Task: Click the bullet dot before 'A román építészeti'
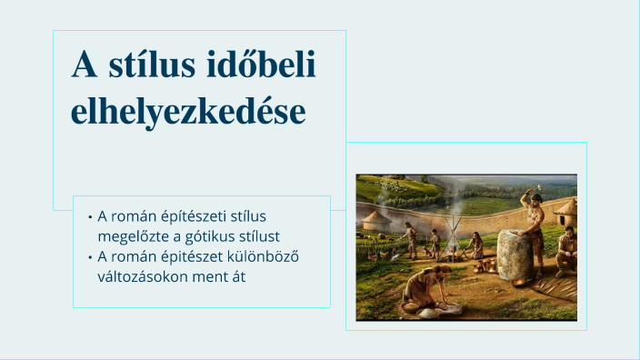(90, 217)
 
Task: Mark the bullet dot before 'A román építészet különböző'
(90, 257)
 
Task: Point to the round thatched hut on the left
(375, 221)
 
